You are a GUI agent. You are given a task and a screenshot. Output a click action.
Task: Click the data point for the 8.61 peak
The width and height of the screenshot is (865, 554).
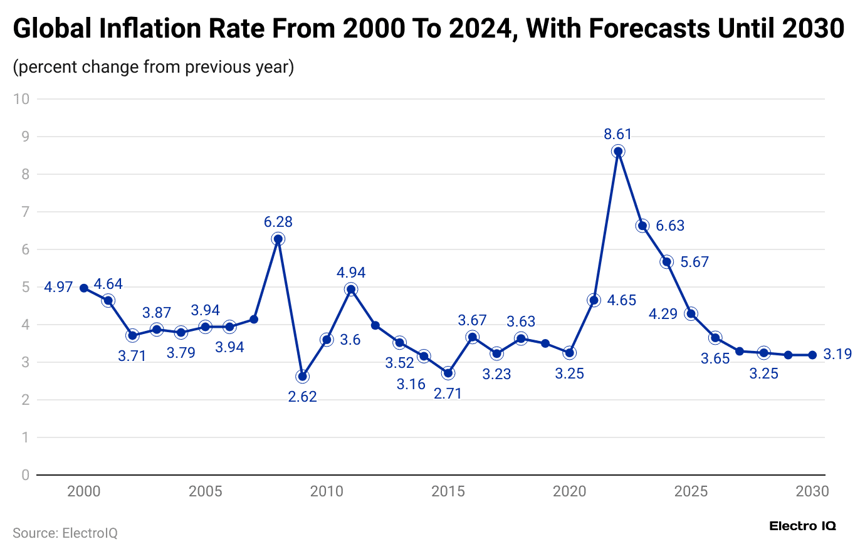618,151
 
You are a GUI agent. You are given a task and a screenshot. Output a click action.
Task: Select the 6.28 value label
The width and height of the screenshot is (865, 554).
278,222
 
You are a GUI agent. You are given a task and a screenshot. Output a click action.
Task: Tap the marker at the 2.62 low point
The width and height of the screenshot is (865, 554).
302,377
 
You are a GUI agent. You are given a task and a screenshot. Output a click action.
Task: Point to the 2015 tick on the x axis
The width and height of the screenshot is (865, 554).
448,491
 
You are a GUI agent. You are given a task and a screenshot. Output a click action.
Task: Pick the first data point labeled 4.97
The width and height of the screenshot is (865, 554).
84,288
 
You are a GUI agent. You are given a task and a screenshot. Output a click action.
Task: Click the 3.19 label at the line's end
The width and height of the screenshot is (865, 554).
837,354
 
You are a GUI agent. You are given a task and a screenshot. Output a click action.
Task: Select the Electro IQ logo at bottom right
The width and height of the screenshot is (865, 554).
802,526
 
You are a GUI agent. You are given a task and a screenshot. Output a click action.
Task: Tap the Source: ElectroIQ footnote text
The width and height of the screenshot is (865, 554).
65,533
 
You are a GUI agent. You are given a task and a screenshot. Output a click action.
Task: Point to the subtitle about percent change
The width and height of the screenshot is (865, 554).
154,67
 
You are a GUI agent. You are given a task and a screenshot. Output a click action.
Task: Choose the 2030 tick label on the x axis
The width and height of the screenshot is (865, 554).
812,491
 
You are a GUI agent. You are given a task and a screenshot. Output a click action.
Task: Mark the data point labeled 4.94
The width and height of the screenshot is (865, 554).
351,290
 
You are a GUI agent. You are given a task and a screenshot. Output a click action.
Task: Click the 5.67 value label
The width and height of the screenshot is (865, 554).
695,262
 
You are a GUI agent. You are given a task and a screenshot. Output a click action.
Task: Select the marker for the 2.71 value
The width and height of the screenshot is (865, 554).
448,373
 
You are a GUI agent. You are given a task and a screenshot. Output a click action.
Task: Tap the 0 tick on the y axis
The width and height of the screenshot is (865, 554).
25,475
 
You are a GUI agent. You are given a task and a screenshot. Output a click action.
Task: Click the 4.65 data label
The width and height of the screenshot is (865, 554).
621,300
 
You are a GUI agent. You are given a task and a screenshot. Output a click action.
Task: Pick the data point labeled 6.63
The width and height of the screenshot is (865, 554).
642,226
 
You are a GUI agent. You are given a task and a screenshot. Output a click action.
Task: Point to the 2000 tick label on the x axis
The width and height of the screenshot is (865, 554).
84,491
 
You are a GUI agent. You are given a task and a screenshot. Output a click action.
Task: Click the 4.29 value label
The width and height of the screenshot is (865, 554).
663,314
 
